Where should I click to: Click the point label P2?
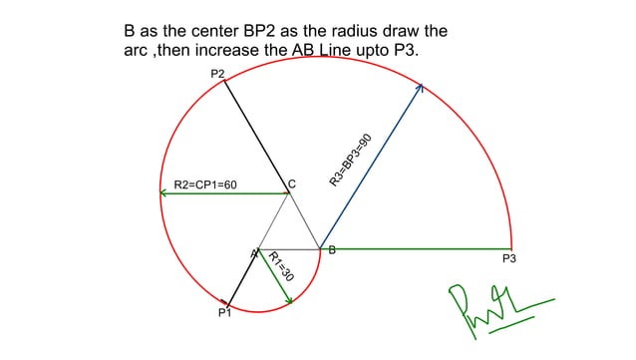point(217,74)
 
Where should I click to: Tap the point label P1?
point(224,314)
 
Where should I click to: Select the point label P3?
point(508,259)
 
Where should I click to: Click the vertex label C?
point(292,183)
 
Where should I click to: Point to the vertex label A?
point(253,254)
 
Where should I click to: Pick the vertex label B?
point(332,250)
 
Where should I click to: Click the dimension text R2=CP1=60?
point(205,185)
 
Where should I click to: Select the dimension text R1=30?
point(280,266)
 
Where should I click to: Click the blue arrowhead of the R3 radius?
point(420,88)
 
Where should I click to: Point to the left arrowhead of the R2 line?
point(163,193)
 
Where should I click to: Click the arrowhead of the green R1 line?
point(288,300)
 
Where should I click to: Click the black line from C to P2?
point(256,136)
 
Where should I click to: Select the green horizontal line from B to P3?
point(419,249)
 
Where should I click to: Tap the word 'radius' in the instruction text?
point(365,31)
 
